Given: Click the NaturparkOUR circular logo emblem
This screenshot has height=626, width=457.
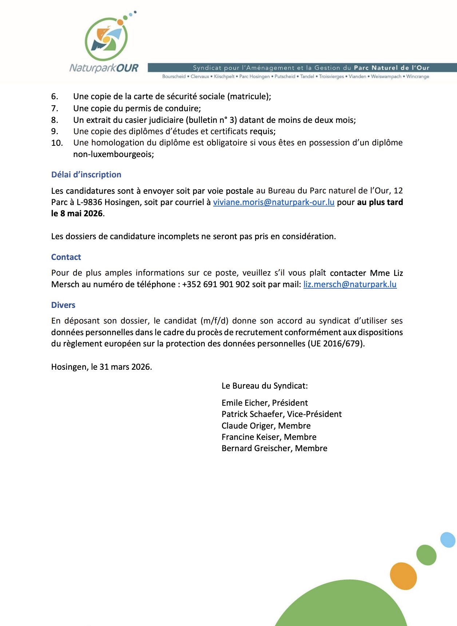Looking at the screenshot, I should [106, 39].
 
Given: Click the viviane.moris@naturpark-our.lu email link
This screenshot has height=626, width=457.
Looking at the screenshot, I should [274, 202].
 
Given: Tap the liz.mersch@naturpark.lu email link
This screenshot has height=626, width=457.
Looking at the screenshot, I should [350, 284].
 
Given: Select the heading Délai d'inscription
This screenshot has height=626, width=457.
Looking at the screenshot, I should [86, 174].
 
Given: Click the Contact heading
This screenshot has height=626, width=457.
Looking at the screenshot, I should [66, 257].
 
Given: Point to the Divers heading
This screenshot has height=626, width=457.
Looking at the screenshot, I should [63, 305].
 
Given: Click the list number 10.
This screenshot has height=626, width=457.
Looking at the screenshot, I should [57, 143].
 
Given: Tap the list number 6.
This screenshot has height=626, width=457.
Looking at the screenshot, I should [55, 96].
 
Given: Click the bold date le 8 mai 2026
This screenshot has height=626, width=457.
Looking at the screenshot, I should [77, 213].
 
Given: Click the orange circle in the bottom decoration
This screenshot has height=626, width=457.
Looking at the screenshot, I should [403, 576].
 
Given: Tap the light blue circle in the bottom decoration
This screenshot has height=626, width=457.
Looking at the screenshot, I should [448, 540].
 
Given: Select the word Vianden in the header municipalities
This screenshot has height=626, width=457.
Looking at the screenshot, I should [357, 77].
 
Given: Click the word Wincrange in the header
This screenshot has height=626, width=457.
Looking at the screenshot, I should [418, 77].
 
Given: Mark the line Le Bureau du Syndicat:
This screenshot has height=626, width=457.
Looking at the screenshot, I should [265, 386].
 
